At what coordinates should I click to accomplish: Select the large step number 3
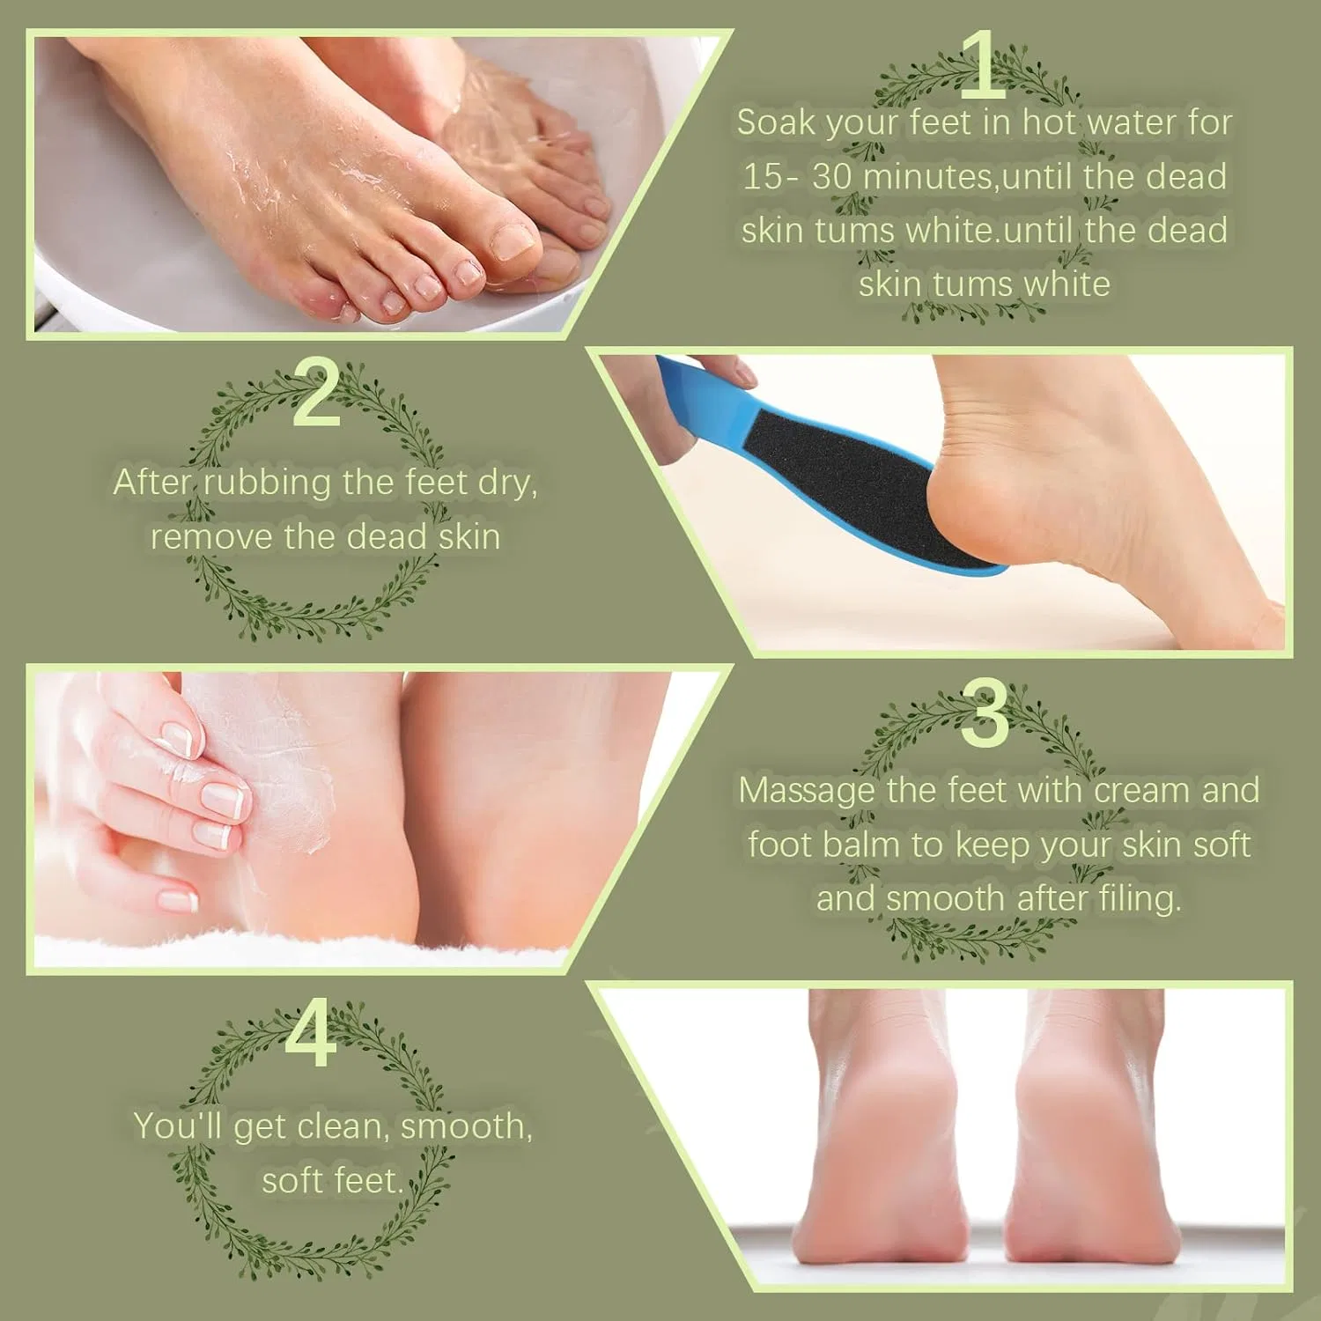click(985, 714)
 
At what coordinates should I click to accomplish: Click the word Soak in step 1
click(777, 122)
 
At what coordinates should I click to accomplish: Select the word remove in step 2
click(211, 537)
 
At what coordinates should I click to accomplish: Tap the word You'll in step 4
click(178, 1125)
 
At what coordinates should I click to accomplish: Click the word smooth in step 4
click(466, 1127)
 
